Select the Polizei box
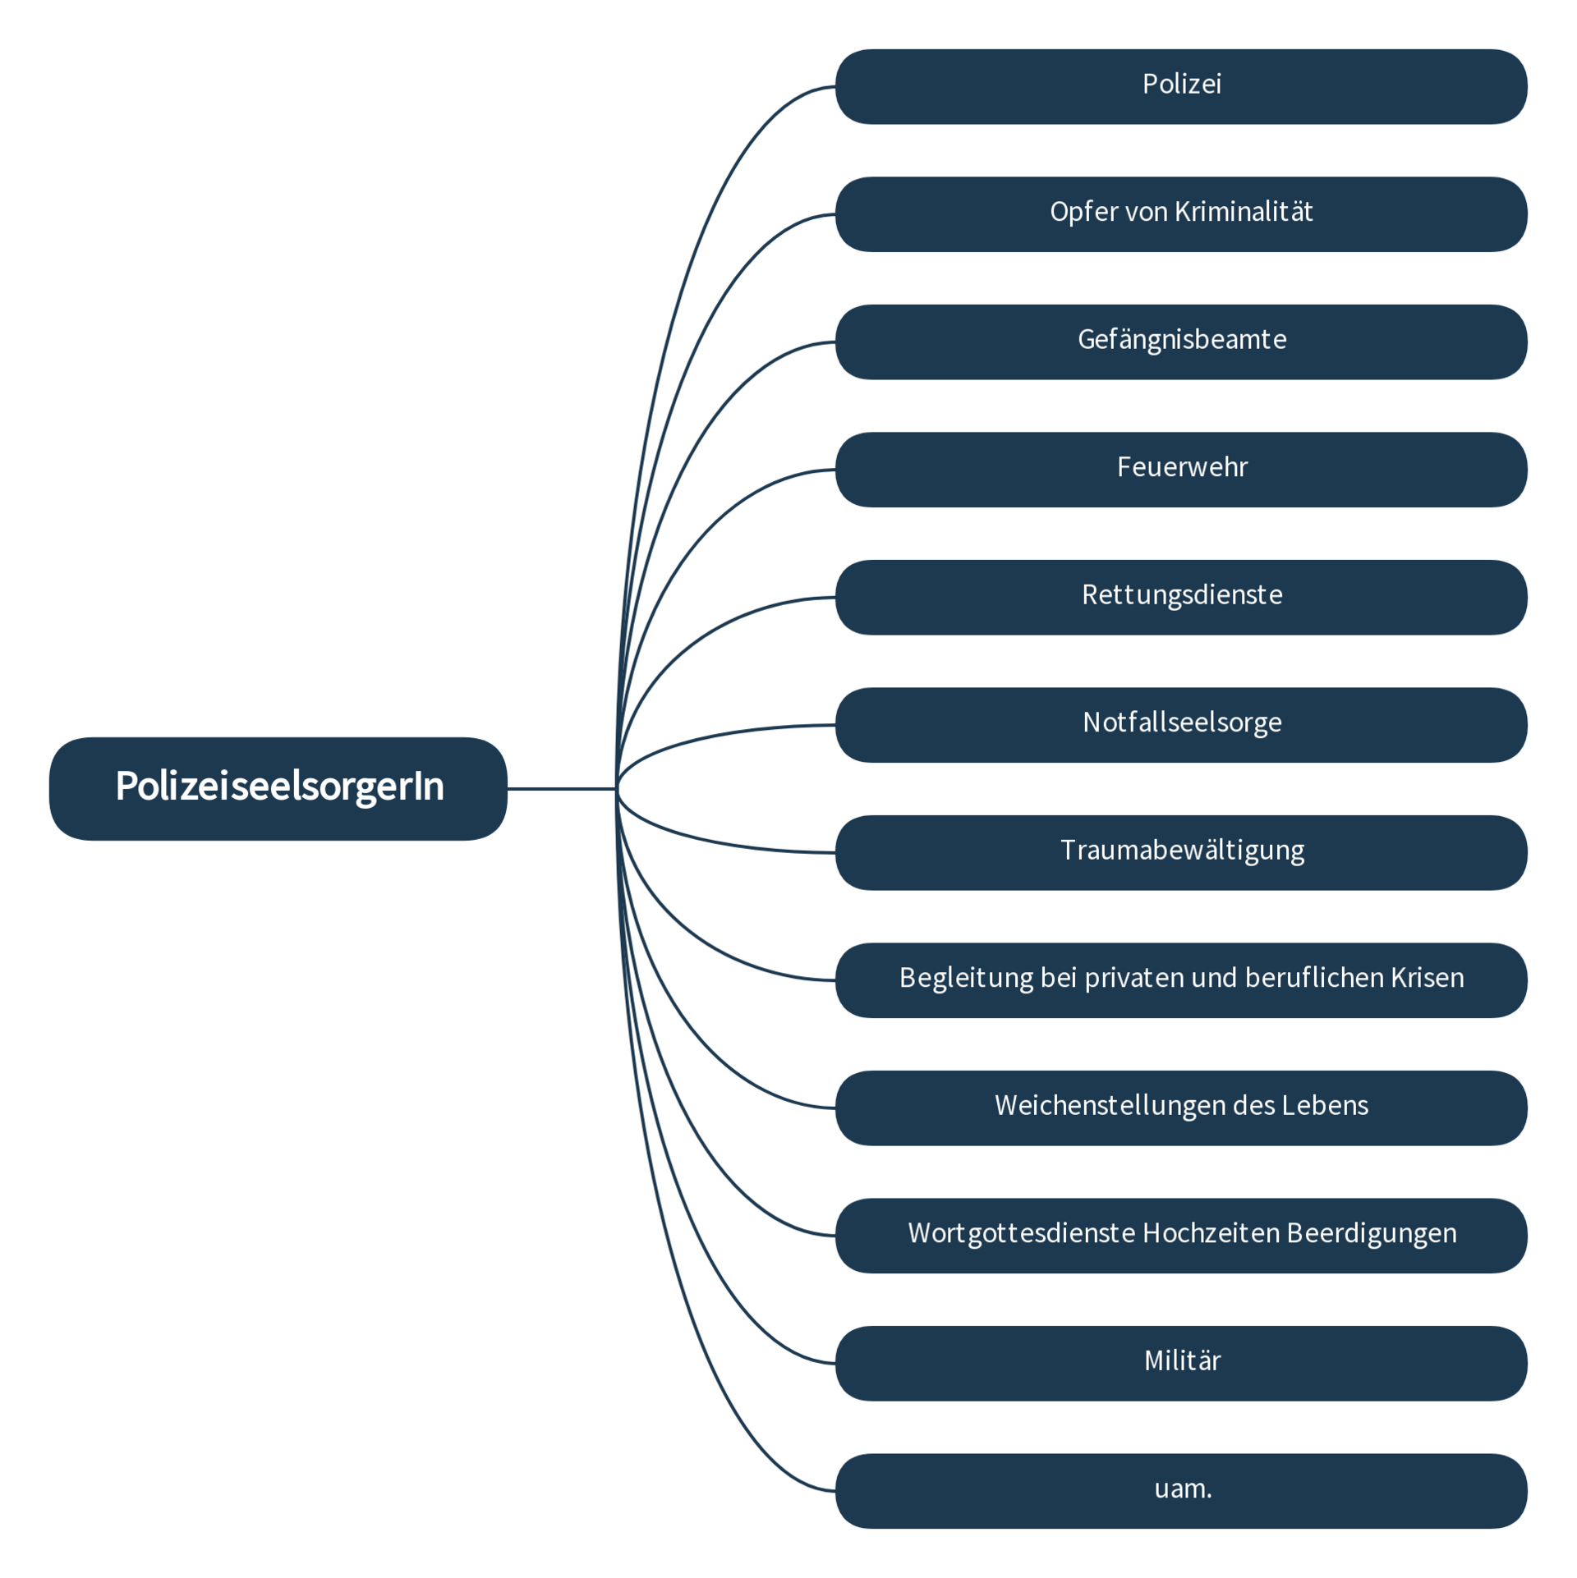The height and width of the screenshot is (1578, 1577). click(x=1180, y=86)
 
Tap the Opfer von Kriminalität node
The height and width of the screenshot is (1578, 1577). click(x=1180, y=214)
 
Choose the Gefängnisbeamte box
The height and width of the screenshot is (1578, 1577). click(x=1180, y=342)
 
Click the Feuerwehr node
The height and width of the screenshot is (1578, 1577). click(x=1180, y=469)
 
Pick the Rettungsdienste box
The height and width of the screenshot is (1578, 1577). click(x=1180, y=597)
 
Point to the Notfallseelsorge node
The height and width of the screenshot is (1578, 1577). click(x=1180, y=724)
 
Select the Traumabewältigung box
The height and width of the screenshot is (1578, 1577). click(x=1180, y=852)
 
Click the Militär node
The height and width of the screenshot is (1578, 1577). click(x=1180, y=1363)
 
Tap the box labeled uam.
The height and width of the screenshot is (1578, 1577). click(x=1180, y=1490)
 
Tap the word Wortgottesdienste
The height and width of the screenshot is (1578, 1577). click(x=1021, y=1233)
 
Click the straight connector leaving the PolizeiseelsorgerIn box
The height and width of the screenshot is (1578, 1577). click(x=561, y=788)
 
